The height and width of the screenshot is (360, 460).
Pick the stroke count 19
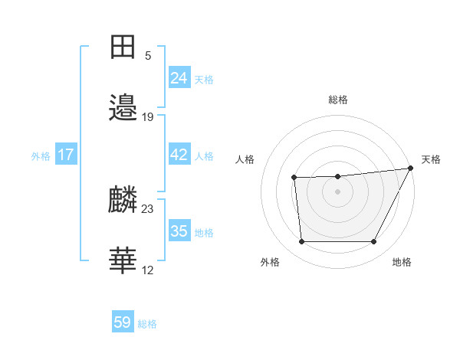click(148, 117)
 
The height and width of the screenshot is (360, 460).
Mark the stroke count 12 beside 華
click(148, 270)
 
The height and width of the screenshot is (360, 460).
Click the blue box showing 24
click(179, 77)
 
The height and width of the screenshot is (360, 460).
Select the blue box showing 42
click(179, 155)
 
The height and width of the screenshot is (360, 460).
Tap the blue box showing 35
click(179, 231)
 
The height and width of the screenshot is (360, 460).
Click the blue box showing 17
click(66, 155)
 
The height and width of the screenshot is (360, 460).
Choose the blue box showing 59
click(123, 322)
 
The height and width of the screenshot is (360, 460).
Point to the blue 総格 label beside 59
click(147, 324)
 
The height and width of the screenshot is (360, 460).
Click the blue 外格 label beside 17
click(41, 156)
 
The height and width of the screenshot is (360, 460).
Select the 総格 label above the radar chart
click(338, 100)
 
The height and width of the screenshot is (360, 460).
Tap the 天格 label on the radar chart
click(431, 159)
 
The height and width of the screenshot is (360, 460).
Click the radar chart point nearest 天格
click(410, 169)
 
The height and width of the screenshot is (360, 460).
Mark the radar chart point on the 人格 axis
click(294, 178)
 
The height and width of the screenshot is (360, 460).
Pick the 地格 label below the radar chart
click(402, 263)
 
